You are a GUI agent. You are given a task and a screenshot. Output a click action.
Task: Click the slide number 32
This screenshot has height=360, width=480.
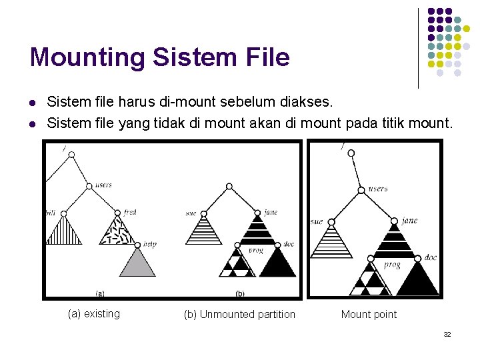tap(447, 333)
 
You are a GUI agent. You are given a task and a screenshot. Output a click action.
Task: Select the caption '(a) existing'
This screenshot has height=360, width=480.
tap(94, 314)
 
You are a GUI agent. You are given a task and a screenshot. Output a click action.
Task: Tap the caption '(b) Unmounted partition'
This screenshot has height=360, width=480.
tap(239, 314)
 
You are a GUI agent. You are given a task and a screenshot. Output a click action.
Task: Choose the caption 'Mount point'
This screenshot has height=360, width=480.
tap(369, 314)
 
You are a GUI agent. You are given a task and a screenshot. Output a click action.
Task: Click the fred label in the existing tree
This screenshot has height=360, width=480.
tap(130, 212)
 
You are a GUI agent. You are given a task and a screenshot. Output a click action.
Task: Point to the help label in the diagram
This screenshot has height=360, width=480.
tap(149, 245)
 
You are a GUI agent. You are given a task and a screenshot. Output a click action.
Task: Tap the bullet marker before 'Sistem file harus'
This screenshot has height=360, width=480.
tap(33, 103)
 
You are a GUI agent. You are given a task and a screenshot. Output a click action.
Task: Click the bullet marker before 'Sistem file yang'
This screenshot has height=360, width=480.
tap(33, 123)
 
